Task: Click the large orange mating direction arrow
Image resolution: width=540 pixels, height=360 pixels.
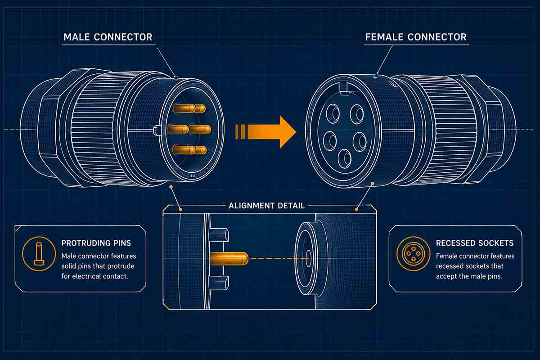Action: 270,131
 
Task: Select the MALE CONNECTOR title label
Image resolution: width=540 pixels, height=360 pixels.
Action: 108,37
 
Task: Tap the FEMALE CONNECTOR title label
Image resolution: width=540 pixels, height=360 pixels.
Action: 416,37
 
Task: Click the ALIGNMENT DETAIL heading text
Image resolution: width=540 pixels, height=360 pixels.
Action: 267,206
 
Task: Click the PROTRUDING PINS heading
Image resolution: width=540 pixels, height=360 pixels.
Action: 96,243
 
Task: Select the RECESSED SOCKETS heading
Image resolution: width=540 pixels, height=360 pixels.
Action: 474,243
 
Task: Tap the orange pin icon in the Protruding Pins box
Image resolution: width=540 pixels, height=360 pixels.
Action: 36,253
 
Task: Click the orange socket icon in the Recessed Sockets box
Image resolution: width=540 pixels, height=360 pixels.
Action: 413,253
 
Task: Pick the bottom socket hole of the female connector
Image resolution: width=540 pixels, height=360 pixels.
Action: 344,158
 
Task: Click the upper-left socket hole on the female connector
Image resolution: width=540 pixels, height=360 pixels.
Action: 333,114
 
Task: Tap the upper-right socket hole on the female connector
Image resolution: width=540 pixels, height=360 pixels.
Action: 357,114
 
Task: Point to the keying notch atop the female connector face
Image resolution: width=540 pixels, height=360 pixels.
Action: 344,93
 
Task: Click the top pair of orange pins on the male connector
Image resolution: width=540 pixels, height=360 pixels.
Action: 189,108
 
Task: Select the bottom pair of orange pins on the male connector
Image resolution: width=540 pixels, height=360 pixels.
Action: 189,149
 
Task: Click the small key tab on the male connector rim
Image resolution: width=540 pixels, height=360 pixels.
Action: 157,130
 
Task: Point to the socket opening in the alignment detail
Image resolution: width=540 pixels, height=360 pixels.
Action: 308,258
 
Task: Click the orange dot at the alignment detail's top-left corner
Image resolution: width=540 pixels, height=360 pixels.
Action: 180,209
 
